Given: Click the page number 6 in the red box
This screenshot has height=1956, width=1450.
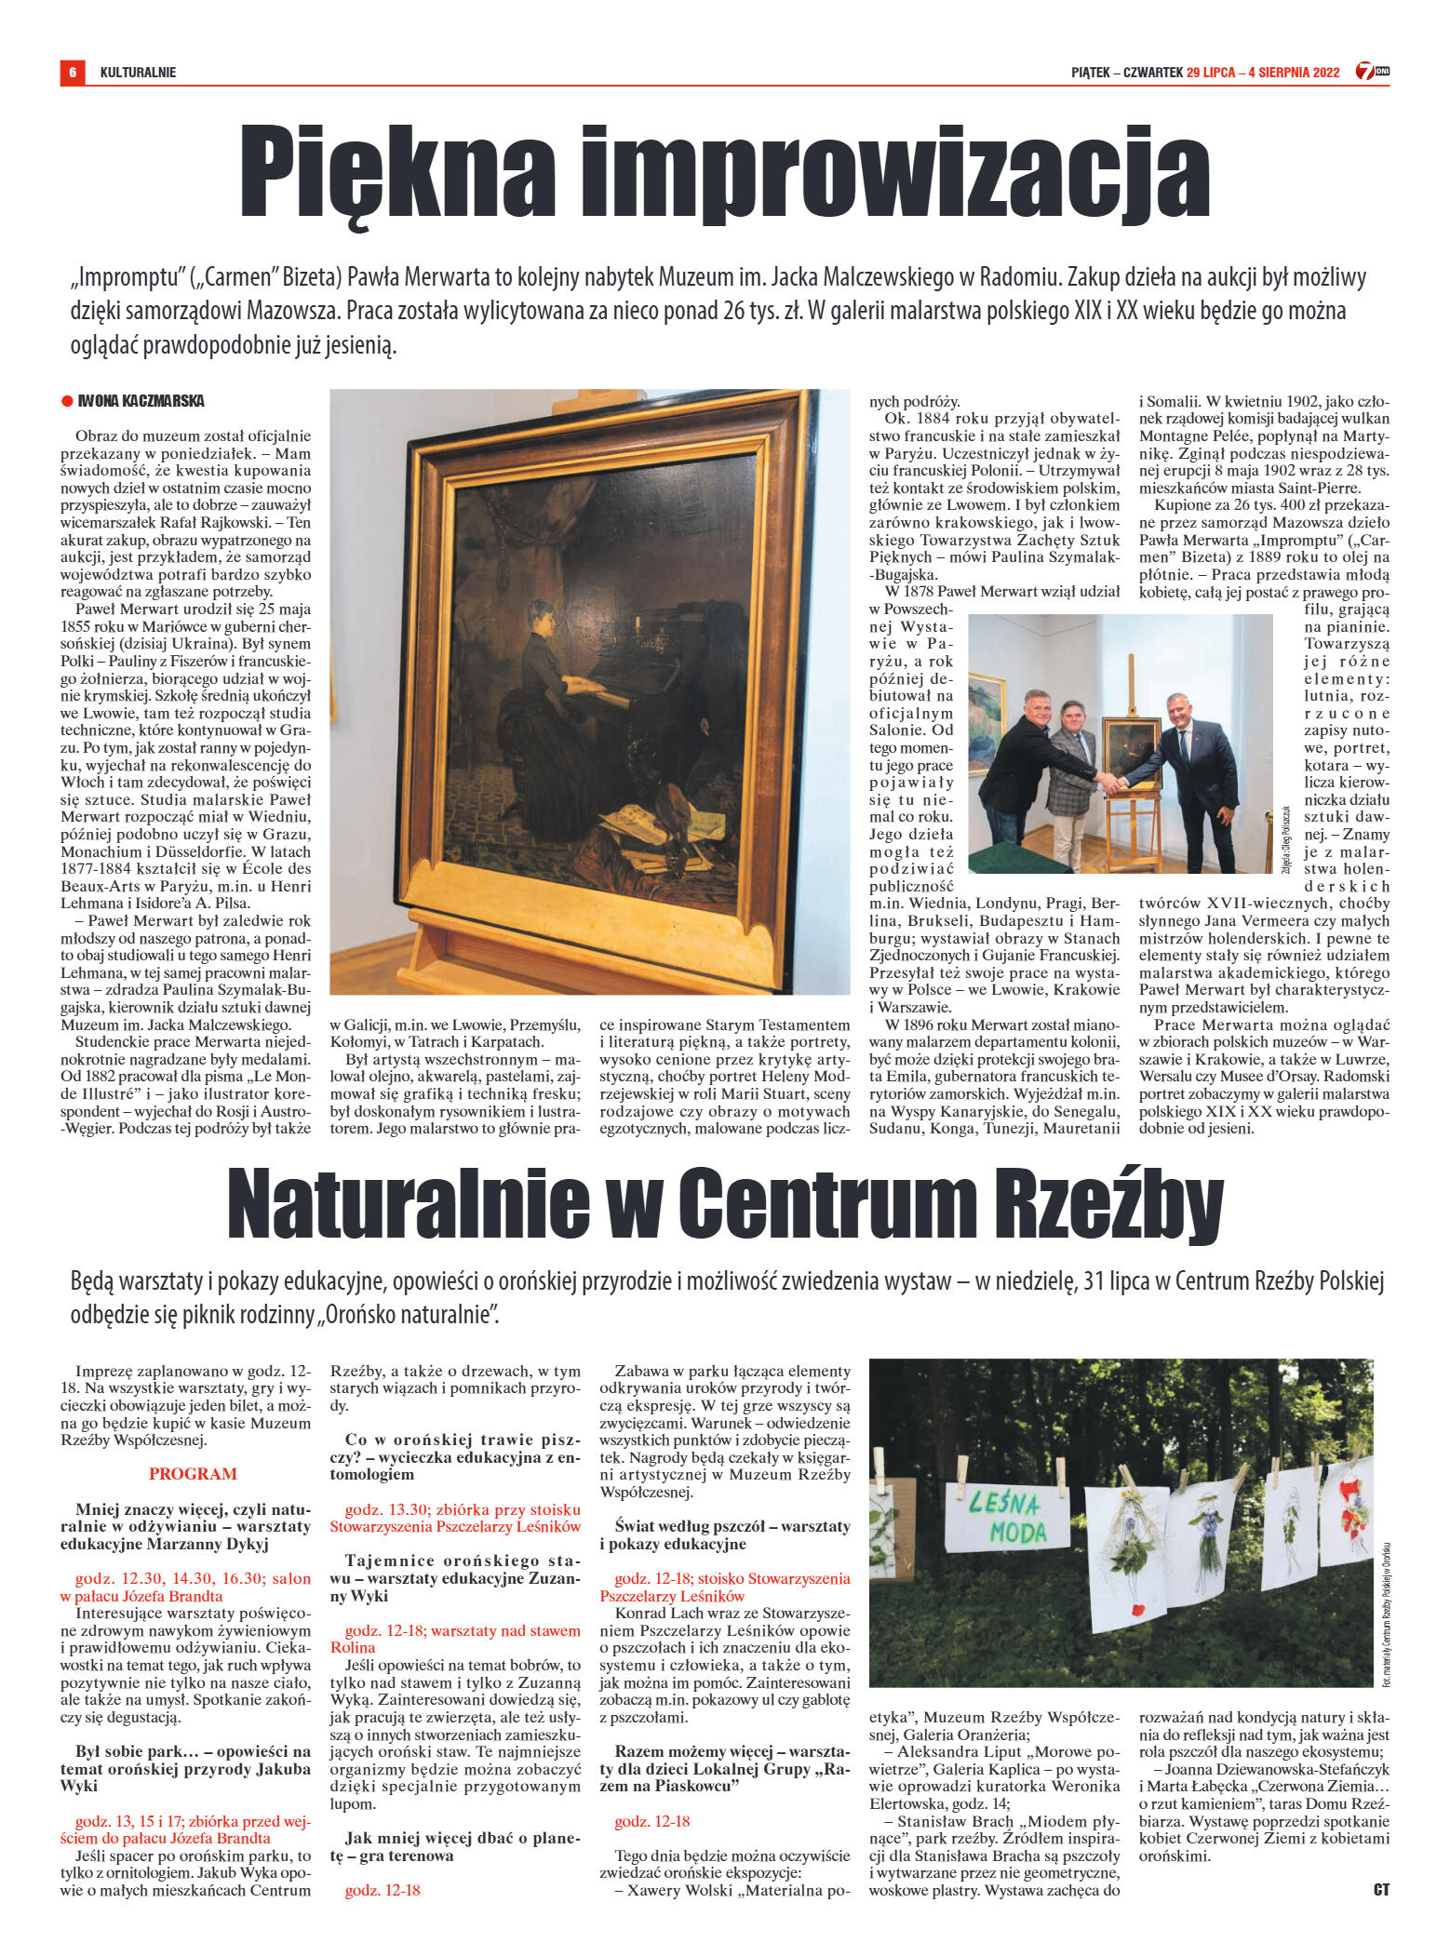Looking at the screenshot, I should [72, 72].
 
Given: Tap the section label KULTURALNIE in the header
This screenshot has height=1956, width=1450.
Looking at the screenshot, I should [138, 73].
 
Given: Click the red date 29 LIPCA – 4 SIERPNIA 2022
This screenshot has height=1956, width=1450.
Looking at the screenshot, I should [1263, 73].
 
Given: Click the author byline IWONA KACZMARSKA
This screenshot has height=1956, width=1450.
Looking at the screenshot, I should [141, 401].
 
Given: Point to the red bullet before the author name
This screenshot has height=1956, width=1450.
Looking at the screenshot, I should [67, 401].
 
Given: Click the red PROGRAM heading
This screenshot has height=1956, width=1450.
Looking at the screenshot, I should [193, 1474].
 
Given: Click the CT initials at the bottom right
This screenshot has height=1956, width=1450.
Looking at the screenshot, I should [1380, 1890].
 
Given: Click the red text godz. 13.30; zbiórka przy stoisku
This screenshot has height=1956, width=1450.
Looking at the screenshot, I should [463, 1509].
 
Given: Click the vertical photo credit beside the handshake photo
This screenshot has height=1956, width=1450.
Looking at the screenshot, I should [1286, 837].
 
